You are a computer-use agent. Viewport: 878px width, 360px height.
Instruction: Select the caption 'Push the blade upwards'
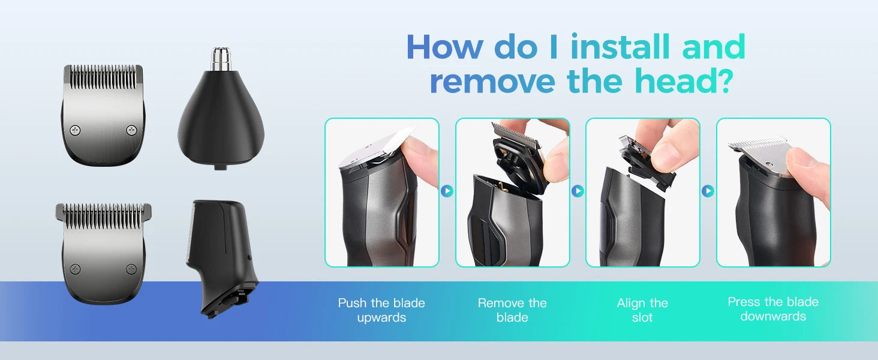click(x=381, y=310)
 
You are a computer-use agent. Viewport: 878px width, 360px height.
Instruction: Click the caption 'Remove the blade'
click(x=512, y=310)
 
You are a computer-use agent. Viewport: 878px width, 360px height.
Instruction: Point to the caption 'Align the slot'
click(x=642, y=310)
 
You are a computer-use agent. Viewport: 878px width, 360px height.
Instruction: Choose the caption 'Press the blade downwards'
click(x=773, y=309)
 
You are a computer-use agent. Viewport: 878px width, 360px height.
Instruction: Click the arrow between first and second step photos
click(x=447, y=191)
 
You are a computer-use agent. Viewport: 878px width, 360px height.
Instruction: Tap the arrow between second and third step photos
click(x=578, y=191)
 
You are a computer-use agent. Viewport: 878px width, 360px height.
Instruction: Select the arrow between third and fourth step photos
click(x=708, y=191)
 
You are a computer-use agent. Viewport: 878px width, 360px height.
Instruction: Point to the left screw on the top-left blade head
click(x=76, y=129)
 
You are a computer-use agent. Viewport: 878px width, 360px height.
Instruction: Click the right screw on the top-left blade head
click(x=131, y=129)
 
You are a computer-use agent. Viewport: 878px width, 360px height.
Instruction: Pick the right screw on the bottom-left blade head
click(x=131, y=269)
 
